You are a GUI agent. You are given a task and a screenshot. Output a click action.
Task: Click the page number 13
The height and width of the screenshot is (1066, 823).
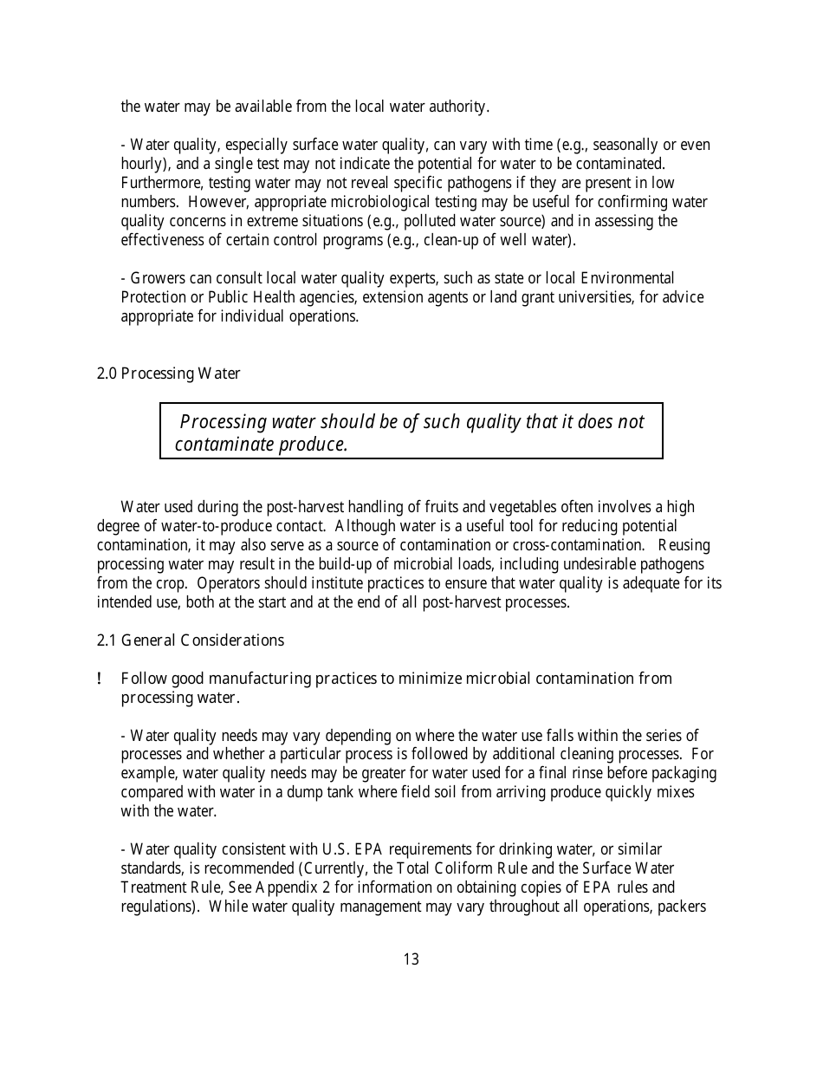(x=411, y=959)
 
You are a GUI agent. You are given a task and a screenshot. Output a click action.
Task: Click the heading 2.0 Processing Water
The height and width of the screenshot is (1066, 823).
(x=168, y=374)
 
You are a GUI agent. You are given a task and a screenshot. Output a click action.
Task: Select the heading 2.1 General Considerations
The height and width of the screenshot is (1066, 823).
(x=190, y=640)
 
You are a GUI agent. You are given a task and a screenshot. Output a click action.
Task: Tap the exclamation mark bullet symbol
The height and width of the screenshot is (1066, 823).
(x=100, y=679)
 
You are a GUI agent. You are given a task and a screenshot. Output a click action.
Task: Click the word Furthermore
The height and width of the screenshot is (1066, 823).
(x=159, y=183)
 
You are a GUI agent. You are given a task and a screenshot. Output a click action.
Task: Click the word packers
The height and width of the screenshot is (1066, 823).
(x=683, y=907)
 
